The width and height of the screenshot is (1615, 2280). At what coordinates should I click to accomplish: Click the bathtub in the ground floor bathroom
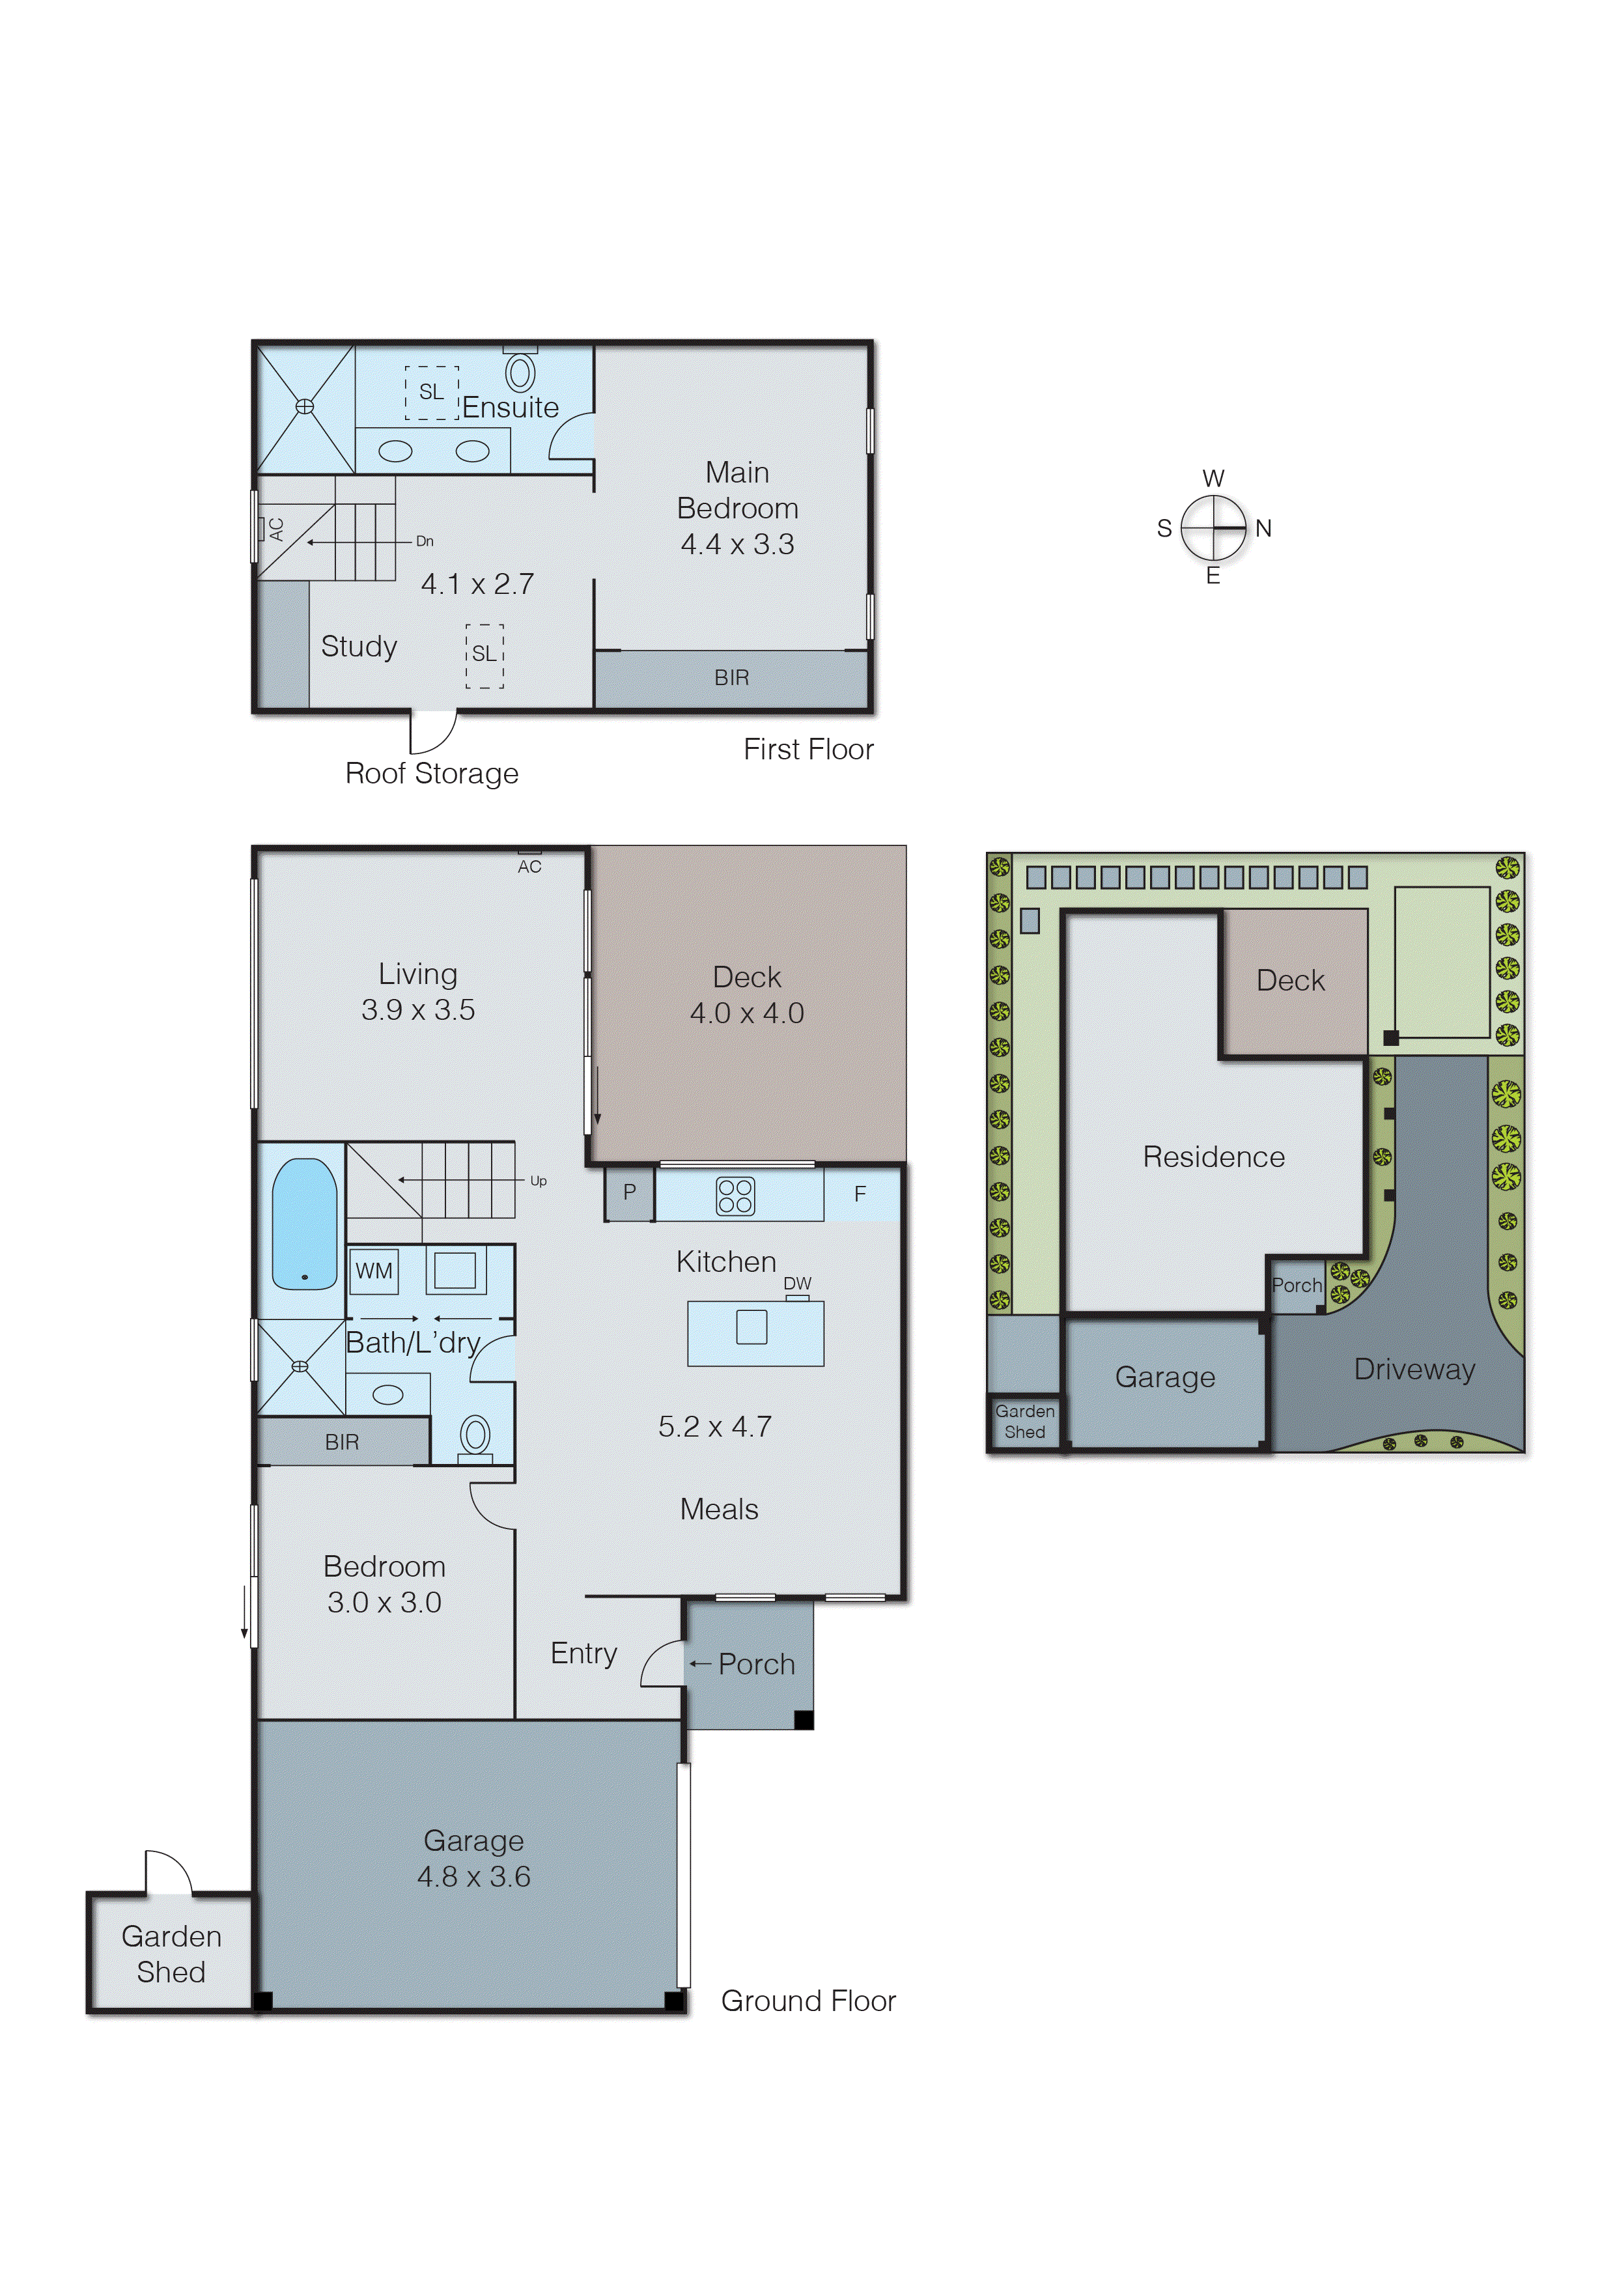point(304,1224)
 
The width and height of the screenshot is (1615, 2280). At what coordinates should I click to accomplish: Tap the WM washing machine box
point(374,1271)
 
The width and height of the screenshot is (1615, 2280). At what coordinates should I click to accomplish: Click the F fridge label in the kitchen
point(860,1193)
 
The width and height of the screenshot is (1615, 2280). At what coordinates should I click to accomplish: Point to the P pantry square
point(630,1191)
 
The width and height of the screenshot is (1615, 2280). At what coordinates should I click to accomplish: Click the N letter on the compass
point(1263,528)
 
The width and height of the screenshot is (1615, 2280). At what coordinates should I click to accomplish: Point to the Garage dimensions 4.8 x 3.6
point(473,1876)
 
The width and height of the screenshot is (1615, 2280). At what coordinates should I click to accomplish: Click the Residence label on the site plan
point(1213,1157)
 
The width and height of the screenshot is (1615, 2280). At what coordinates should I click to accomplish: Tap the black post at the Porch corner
point(804,1719)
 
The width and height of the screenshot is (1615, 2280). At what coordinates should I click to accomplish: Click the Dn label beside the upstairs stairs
point(425,541)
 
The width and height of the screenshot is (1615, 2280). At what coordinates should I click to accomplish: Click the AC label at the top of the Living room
point(529,867)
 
